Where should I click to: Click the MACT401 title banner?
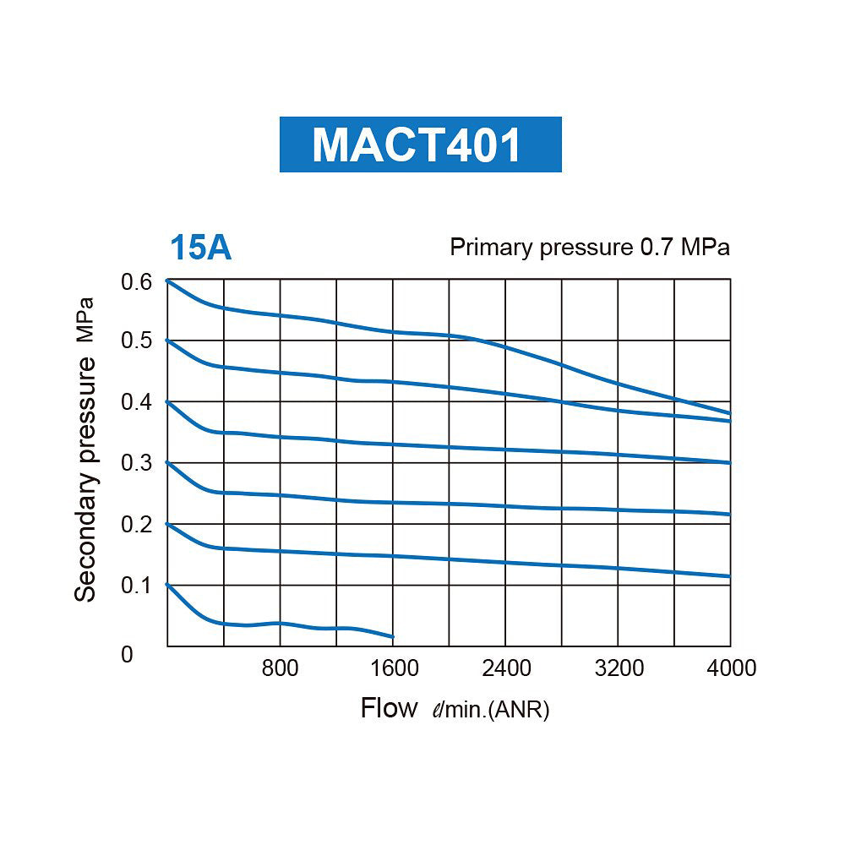coord(420,144)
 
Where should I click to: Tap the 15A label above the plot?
coord(200,248)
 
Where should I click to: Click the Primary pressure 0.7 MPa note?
coord(589,248)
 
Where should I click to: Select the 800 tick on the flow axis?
coord(280,668)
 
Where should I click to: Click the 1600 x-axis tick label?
coord(394,668)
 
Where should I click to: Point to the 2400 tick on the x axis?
coord(505,668)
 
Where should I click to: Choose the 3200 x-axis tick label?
coord(619,668)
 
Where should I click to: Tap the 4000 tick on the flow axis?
coord(731,668)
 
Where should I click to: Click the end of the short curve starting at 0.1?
coord(393,636)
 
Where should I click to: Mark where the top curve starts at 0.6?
coord(167,280)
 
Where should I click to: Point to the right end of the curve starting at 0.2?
coord(730,576)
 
